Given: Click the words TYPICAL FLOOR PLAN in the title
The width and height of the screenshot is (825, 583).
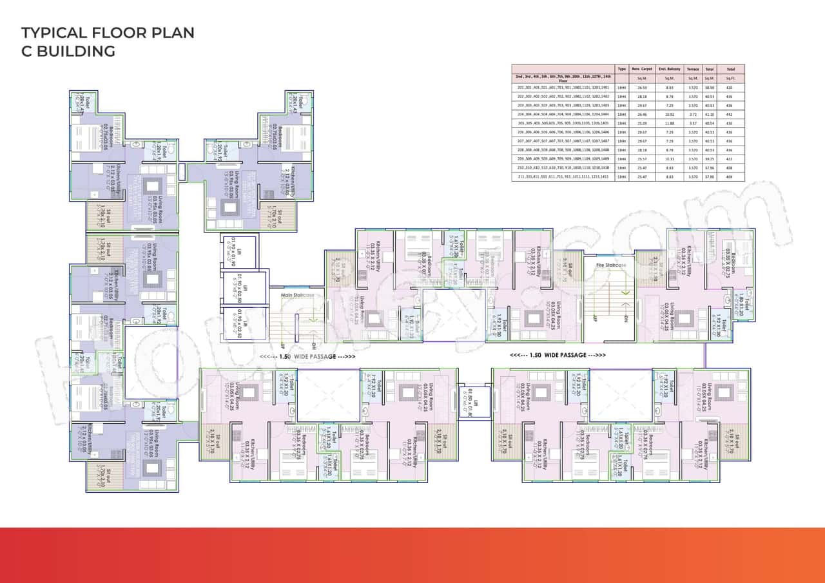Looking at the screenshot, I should tap(108, 33).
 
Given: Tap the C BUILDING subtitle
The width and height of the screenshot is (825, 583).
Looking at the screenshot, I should tap(68, 52).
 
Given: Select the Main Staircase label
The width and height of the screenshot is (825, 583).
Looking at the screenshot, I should tap(297, 295).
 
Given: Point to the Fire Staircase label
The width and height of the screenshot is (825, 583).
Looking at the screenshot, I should tap(612, 265).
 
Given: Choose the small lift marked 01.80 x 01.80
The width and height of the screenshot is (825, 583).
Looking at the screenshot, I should tap(470, 400).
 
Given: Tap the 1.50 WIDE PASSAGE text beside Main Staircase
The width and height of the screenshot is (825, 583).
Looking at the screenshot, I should tap(307, 356).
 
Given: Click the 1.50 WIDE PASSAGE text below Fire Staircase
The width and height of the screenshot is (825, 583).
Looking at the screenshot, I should tap(558, 355).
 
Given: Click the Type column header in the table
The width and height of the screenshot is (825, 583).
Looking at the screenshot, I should tap(621, 68).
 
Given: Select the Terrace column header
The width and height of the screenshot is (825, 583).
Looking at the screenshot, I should tap(692, 68).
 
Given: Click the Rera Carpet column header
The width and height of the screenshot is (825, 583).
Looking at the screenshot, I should tap(642, 68).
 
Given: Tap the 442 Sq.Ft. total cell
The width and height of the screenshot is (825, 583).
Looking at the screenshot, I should tap(730, 113).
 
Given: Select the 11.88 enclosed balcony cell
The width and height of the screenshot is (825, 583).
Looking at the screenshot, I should tap(668, 122).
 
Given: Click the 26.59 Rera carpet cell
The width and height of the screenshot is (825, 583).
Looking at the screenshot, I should tap(642, 86).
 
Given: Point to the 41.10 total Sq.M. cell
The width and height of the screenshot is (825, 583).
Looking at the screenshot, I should tap(710, 113).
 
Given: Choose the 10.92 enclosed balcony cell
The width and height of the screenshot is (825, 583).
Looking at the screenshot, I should tap(668, 113).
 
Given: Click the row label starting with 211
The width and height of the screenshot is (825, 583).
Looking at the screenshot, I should tap(563, 176).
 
